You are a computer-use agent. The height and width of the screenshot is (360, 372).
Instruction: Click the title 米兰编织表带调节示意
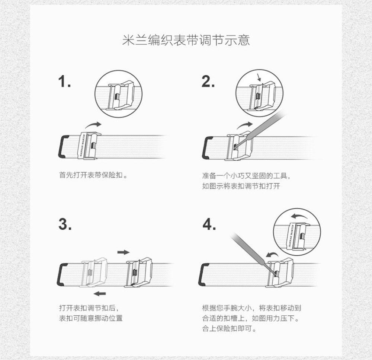tap(186, 40)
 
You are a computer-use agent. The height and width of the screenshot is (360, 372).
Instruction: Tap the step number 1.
tap(64, 81)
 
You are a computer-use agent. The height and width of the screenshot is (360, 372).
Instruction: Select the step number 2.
tap(208, 81)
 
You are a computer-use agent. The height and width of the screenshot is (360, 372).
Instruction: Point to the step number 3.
tap(65, 224)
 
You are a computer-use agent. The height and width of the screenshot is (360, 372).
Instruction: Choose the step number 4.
tap(209, 224)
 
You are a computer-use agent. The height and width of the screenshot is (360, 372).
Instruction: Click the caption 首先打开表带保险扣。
tap(93, 175)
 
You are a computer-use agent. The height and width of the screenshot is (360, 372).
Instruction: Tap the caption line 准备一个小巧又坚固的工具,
tap(246, 176)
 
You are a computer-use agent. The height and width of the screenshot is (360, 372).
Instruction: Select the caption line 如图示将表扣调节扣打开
tap(241, 186)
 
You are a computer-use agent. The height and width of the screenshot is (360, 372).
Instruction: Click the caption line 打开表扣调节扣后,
tap(89, 308)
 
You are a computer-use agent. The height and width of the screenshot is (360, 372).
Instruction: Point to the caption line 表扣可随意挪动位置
tap(91, 318)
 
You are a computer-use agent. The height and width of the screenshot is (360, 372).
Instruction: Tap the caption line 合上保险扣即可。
tap(229, 328)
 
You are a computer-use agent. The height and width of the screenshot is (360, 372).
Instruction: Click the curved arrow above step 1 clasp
tap(93, 124)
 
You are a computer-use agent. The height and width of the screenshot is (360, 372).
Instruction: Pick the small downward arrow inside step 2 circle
tap(259, 77)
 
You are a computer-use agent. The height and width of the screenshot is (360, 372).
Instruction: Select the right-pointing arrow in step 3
tap(124, 252)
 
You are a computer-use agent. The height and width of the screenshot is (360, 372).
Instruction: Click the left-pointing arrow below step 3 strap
tap(100, 293)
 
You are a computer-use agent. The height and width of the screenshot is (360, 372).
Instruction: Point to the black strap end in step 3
tap(61, 274)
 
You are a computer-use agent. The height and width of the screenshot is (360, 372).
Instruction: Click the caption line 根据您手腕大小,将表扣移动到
tap(251, 308)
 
